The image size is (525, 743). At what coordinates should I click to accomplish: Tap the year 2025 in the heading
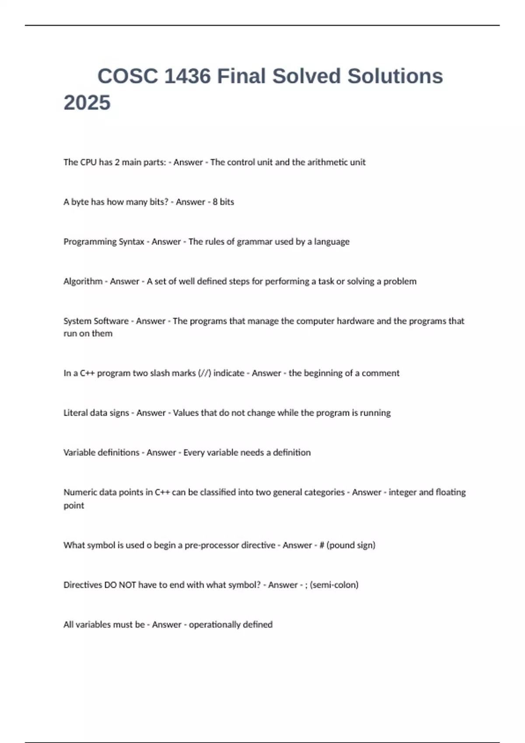coord(87,103)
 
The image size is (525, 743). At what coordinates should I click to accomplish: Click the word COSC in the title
coord(127,76)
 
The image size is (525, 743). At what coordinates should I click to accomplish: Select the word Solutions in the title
coord(395,76)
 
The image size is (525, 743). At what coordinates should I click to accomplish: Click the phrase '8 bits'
coord(223,202)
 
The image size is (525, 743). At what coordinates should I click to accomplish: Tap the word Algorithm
coord(83,281)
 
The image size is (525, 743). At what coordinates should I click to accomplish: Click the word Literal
coord(75,413)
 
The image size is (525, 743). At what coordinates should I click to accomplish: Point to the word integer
coord(402,493)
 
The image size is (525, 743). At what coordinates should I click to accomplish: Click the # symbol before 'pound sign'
coord(322,545)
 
